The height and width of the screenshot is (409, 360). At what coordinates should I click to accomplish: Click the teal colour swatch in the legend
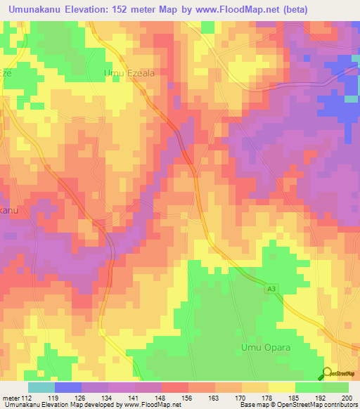tap(41, 387)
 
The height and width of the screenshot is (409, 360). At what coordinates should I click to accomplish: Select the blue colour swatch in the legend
tap(68, 387)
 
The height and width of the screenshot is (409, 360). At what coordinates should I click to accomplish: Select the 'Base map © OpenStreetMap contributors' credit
tap(297, 405)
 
